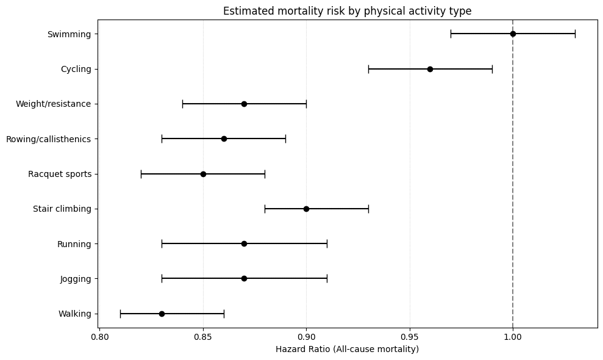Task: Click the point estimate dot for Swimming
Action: pos(513,34)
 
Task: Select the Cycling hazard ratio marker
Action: pos(430,69)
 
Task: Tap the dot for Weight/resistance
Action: pos(244,104)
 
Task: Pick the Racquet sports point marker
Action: pos(203,174)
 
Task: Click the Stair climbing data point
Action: pos(306,209)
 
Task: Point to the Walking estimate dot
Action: pos(162,314)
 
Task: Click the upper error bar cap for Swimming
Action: pos(575,34)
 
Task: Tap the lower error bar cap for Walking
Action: pos(120,314)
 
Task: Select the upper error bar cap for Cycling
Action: pos(492,69)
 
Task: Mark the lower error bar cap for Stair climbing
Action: pos(265,209)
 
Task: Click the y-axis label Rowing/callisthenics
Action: pos(48,139)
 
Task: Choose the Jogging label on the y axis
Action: pos(76,279)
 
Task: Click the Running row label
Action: pos(74,244)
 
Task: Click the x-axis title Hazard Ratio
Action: pos(347,349)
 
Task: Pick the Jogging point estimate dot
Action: pos(244,279)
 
